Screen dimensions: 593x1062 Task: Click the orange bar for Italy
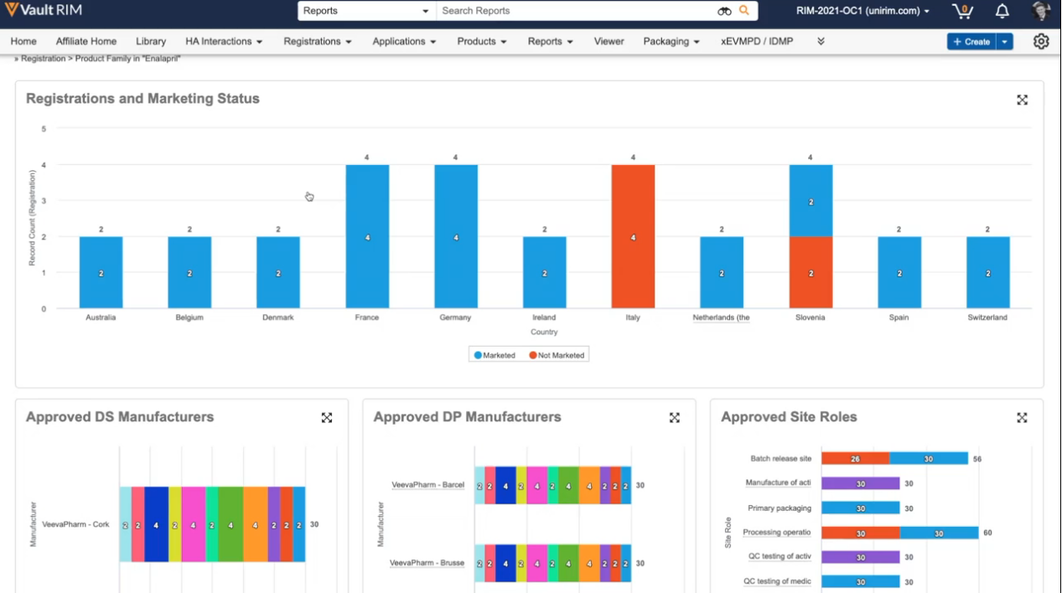[633, 236]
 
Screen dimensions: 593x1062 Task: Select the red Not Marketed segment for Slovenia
[811, 272]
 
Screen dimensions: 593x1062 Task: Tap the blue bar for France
[367, 236]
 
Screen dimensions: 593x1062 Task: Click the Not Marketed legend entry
[557, 355]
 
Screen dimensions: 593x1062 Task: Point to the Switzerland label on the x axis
[987, 317]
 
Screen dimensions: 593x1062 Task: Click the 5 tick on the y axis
[44, 129]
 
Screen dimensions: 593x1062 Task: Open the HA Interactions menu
[224, 41]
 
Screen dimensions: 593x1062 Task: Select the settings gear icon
[1041, 41]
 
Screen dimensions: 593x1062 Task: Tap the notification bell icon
[1002, 11]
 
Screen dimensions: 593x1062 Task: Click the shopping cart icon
[962, 11]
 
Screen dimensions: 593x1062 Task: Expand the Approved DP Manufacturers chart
[675, 417]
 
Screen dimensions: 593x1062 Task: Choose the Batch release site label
[781, 459]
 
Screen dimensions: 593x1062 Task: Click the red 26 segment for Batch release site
[855, 459]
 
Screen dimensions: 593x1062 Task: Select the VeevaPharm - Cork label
[75, 524]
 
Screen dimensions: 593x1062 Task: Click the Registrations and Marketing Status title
[142, 99]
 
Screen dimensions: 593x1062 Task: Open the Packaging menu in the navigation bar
[671, 41]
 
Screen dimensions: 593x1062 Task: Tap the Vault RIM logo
[44, 10]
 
